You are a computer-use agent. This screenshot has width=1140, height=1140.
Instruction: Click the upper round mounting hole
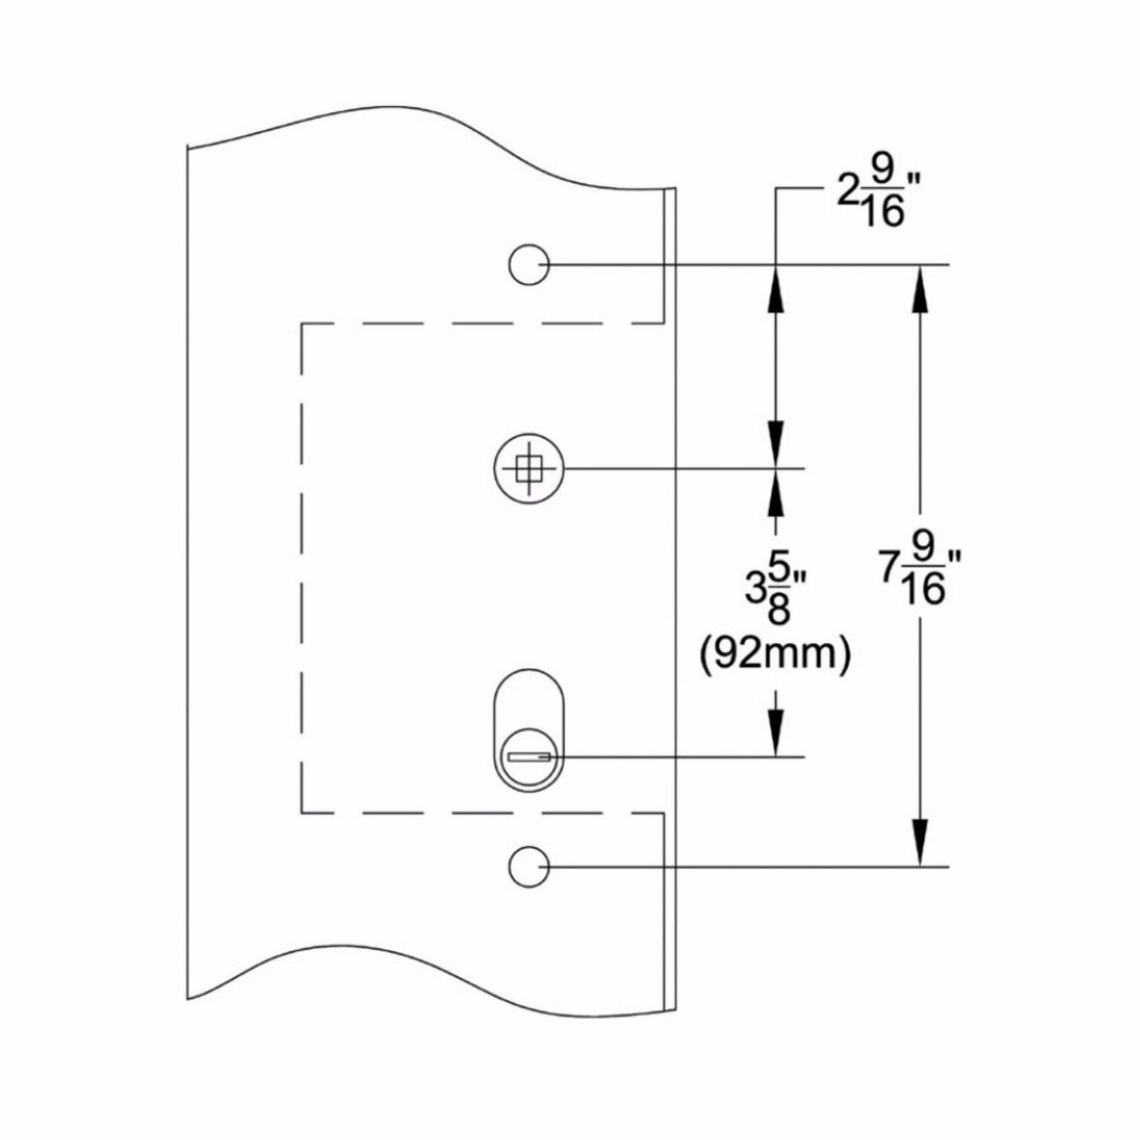coord(529,265)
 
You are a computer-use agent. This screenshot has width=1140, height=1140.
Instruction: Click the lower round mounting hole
coord(529,867)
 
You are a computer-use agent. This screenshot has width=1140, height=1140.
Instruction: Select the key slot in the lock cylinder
coord(529,757)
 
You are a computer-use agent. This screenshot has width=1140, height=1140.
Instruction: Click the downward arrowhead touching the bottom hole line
coord(919,843)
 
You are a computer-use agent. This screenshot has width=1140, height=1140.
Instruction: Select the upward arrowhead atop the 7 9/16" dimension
coord(919,289)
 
